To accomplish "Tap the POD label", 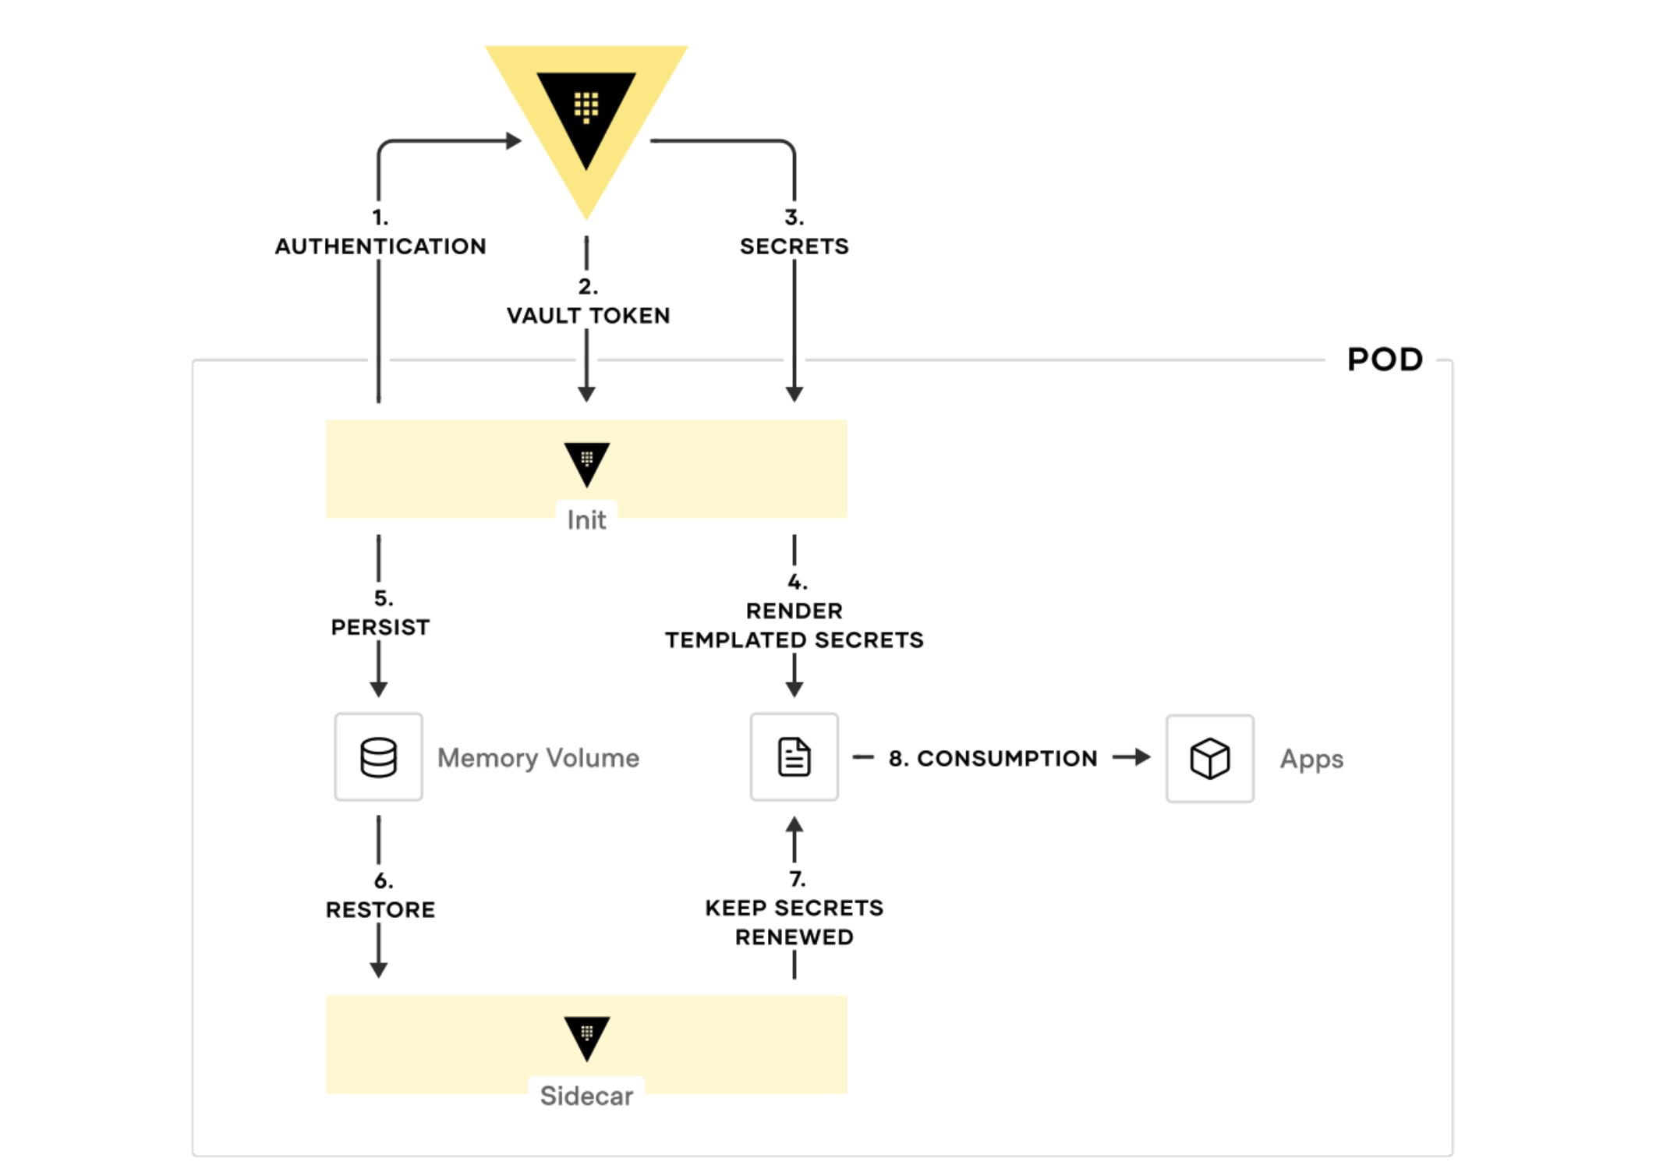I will coord(1385,360).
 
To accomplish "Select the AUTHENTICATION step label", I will coord(380,246).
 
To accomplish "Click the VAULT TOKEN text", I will coord(588,315).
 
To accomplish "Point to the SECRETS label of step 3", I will coord(794,246).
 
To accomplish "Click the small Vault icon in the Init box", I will coord(586,463).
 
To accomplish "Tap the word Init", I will coord(586,520).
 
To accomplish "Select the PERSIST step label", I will coord(380,627).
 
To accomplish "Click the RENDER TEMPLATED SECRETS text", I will coord(794,625).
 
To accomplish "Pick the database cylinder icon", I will coord(379,757).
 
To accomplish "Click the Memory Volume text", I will coord(538,758).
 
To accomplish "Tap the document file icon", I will coord(794,757).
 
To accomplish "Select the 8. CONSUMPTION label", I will coord(993,758).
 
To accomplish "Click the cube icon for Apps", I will coord(1209,759).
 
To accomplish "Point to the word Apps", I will coord(1311,759).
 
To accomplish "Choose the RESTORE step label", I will coord(380,909).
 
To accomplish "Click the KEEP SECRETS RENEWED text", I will coord(794,923).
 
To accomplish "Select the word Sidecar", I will coord(586,1096).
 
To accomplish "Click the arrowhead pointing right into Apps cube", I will coord(1142,757).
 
